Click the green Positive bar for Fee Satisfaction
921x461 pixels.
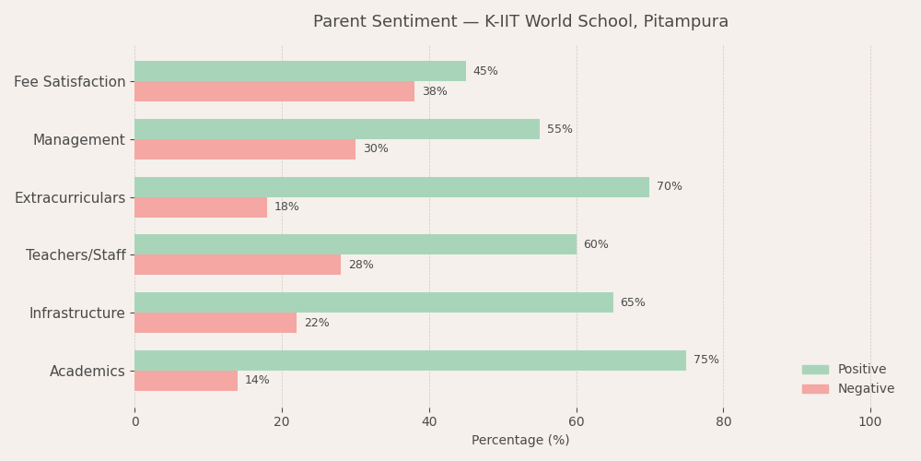(299, 71)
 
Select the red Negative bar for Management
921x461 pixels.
(244, 149)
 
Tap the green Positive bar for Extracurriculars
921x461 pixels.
(391, 187)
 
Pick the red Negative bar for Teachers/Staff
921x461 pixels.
(238, 265)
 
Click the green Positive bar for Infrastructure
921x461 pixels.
(373, 302)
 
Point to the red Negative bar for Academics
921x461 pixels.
(186, 381)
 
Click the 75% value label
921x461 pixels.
(705, 361)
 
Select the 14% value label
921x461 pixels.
(257, 381)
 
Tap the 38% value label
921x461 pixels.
(434, 92)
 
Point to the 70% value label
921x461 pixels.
(669, 187)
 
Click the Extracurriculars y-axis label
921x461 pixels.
(70, 198)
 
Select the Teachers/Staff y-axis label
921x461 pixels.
(76, 255)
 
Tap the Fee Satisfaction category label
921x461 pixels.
(70, 82)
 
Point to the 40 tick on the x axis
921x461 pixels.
(429, 422)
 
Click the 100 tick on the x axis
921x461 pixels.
(870, 422)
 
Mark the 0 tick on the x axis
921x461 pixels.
(135, 422)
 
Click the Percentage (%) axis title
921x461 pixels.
(520, 441)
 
